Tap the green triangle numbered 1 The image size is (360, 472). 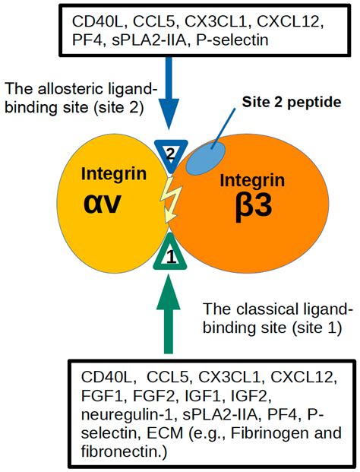[172, 256]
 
